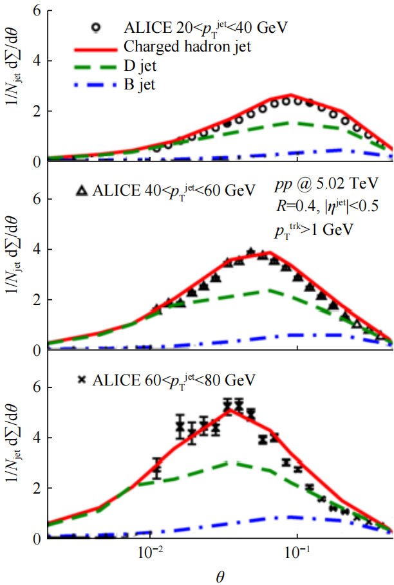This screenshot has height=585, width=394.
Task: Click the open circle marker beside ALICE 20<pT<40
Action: click(x=96, y=27)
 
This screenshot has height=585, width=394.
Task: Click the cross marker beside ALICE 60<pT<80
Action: click(x=82, y=380)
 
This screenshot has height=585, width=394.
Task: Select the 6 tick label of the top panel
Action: click(x=38, y=11)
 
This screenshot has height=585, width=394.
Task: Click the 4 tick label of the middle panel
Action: click(x=38, y=250)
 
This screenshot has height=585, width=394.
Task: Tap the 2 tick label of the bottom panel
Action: click(x=38, y=488)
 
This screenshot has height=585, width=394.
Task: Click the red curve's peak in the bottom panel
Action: click(x=227, y=409)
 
